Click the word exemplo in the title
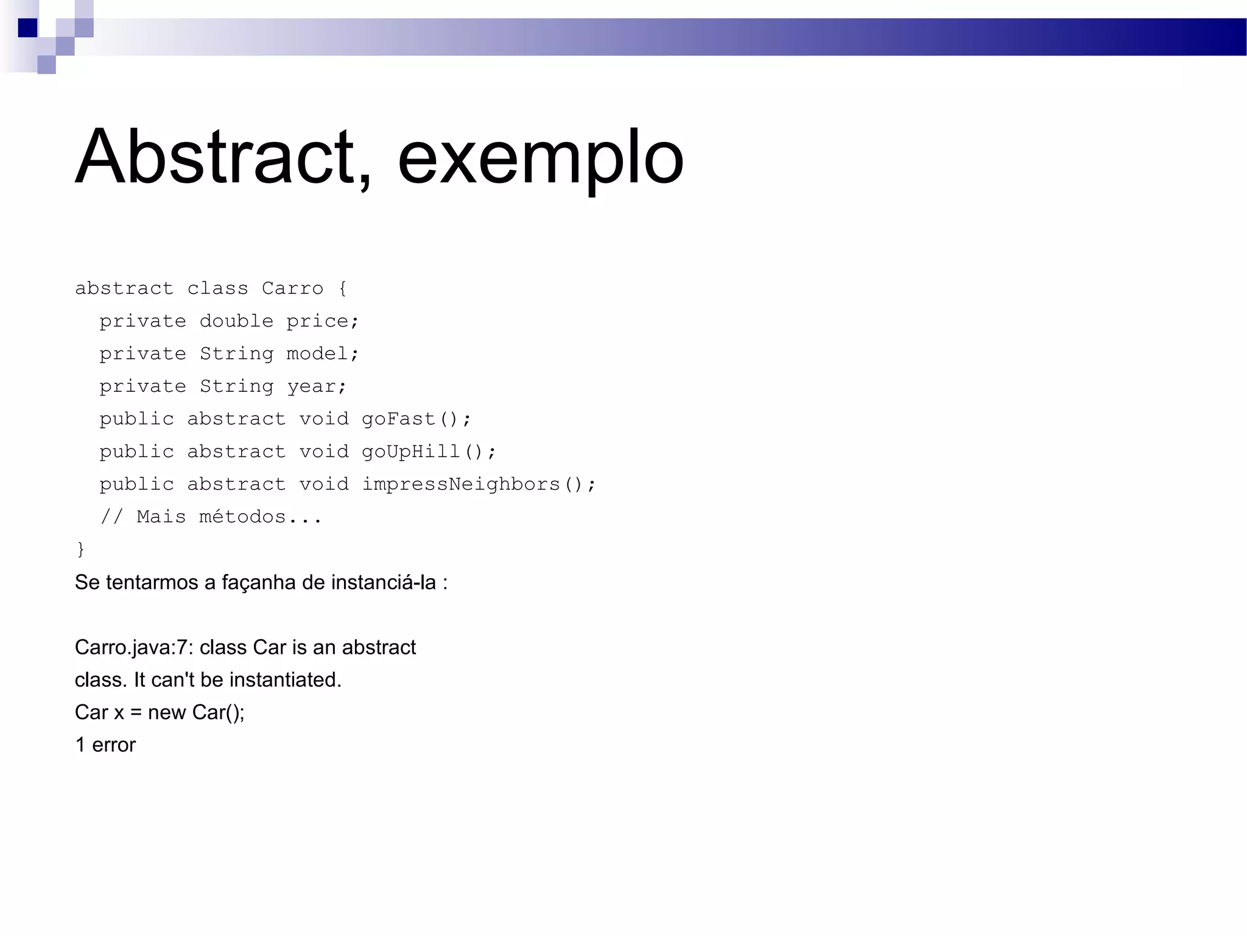pyautogui.click(x=541, y=160)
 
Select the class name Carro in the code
pyautogui.click(x=292, y=288)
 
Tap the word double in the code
pyautogui.click(x=236, y=321)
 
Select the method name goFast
pyautogui.click(x=398, y=419)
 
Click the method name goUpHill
pyautogui.click(x=410, y=452)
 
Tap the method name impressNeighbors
pyautogui.click(x=461, y=484)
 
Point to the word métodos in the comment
pyautogui.click(x=242, y=517)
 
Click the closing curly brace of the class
pyautogui.click(x=80, y=549)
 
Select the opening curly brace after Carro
pyautogui.click(x=343, y=288)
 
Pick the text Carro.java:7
pyautogui.click(x=133, y=648)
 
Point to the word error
pyautogui.click(x=114, y=745)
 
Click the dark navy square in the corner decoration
pyautogui.click(x=27, y=28)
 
